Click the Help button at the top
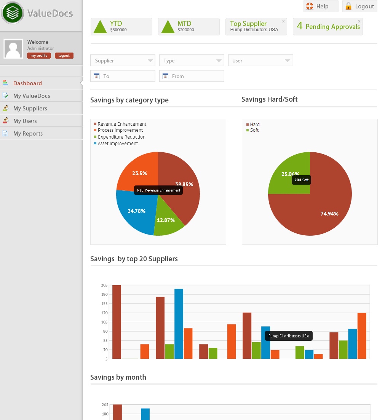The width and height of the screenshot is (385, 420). click(x=321, y=6)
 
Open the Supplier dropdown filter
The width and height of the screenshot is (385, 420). click(x=123, y=61)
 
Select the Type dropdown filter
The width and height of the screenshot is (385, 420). click(x=192, y=61)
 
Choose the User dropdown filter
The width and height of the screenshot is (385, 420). click(x=260, y=61)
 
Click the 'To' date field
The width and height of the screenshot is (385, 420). click(x=123, y=76)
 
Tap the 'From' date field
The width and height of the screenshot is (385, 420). click(x=192, y=76)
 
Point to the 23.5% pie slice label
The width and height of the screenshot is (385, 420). click(x=140, y=173)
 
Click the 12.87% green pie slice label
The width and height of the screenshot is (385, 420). click(x=166, y=220)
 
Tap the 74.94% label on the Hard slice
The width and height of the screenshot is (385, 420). click(x=329, y=214)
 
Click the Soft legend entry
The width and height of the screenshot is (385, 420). click(x=252, y=130)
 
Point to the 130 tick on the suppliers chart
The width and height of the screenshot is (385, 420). click(x=104, y=313)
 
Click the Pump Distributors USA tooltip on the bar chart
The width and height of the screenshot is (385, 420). click(x=289, y=336)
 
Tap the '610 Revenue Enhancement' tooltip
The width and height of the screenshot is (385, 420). click(x=158, y=190)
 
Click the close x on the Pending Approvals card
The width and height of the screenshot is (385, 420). click(x=359, y=21)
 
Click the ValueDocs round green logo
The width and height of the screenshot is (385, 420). click(x=12, y=13)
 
